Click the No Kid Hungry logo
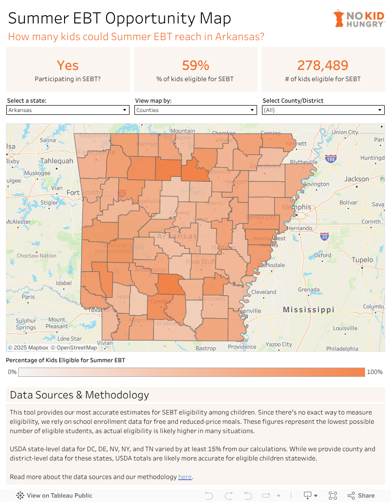tap(359, 19)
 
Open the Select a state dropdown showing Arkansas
tap(68, 110)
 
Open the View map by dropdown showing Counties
tap(195, 110)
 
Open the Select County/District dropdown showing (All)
tap(323, 110)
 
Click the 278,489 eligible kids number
tap(323, 65)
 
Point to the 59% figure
tap(195, 65)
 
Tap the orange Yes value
tap(67, 65)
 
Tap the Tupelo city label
tap(362, 260)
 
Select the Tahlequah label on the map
tap(57, 161)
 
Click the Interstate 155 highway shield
tap(331, 159)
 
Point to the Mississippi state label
tap(308, 310)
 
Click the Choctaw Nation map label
tap(37, 256)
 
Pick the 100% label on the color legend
tap(374, 372)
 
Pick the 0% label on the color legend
tap(12, 372)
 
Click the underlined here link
tap(185, 477)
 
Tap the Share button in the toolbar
tap(361, 495)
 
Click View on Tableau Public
tap(54, 495)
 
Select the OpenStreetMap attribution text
tap(77, 348)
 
